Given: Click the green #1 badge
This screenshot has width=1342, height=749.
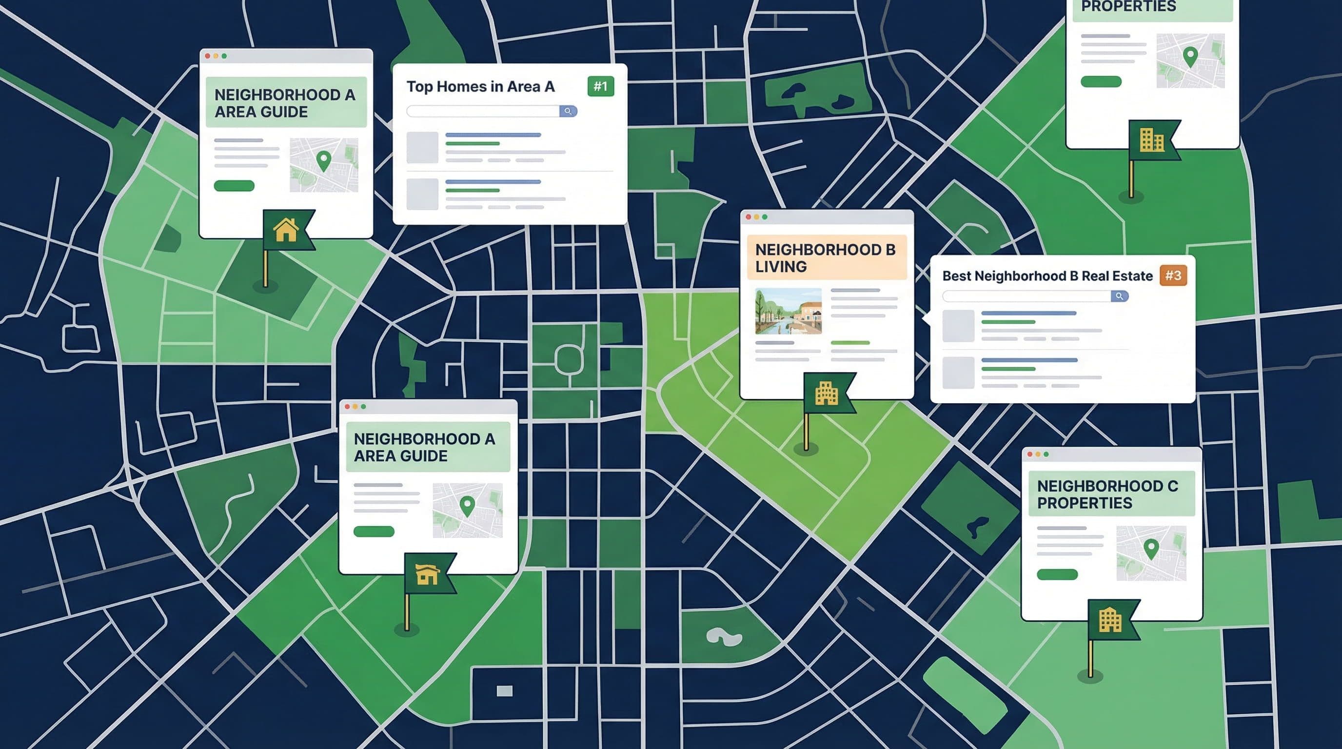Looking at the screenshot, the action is [601, 86].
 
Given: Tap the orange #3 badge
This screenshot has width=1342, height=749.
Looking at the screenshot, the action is [1173, 276].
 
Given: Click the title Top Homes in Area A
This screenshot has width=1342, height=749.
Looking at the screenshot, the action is [480, 86].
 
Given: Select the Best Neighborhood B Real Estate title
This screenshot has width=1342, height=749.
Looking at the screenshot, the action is [1047, 276].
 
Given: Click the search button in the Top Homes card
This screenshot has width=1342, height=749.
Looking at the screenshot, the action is [568, 112].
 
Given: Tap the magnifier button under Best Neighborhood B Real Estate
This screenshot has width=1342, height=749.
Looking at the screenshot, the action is [1119, 296].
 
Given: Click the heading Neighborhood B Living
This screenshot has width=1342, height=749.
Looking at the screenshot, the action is [825, 258].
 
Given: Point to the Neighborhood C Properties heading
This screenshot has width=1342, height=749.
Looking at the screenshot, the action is [1107, 494].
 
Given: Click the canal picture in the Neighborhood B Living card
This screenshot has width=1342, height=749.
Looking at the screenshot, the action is [788, 311].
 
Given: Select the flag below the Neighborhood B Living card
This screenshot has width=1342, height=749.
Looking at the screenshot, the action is [827, 393].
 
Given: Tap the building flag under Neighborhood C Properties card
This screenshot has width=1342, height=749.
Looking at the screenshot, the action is [1112, 620].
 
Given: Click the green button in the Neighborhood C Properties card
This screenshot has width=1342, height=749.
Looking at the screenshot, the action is [1057, 574].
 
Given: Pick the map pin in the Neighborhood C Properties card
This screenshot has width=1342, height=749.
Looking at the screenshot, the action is [1151, 549].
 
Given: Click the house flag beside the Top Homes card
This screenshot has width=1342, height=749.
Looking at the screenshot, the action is [287, 230].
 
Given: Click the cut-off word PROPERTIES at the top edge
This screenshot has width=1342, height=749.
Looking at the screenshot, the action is [1128, 6].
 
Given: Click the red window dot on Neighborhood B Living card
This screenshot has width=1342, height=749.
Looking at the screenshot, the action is [749, 217].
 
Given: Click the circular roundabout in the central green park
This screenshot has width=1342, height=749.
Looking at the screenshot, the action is [569, 358].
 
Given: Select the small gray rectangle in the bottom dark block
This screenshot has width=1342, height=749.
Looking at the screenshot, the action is [504, 690].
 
